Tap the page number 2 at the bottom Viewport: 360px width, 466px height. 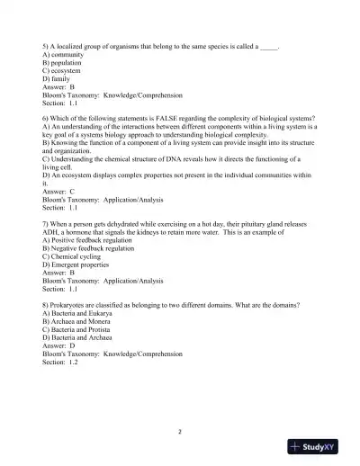pos(180,431)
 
